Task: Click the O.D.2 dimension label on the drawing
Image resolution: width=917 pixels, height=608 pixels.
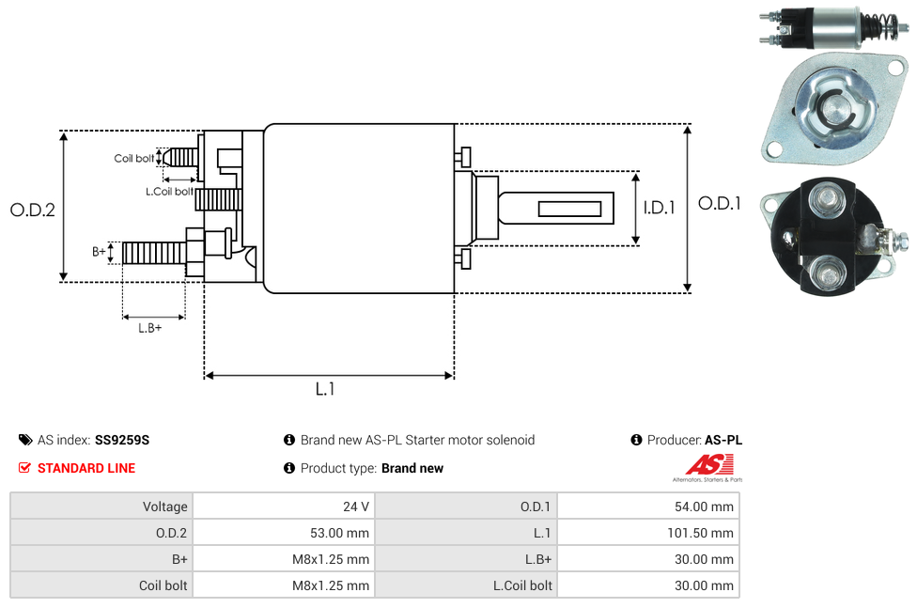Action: tap(33, 210)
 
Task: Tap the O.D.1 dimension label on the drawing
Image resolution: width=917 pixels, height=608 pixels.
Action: tap(721, 203)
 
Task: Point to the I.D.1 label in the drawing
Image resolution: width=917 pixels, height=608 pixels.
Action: tap(659, 209)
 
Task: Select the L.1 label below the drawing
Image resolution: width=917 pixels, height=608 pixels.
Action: tap(325, 389)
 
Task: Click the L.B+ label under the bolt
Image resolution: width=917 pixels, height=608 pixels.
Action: tap(150, 328)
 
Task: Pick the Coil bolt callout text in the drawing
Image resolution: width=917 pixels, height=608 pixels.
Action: tap(134, 159)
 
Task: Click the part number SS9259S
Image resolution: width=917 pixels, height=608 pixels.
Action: tap(122, 440)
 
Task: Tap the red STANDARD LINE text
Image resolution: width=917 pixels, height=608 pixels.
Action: tap(86, 468)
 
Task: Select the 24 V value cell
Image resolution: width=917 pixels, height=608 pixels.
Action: tap(356, 507)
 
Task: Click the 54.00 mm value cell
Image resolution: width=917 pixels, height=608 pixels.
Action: tap(704, 507)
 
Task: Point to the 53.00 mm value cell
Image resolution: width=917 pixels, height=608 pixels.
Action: tap(339, 533)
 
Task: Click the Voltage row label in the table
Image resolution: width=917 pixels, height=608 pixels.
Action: tap(165, 507)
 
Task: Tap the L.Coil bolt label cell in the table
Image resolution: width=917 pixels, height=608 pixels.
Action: tap(523, 585)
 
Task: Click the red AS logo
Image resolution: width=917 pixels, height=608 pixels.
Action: tap(708, 464)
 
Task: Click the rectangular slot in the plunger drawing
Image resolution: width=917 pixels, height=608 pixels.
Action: tap(570, 208)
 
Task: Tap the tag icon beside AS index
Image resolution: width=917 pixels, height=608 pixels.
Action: tap(25, 440)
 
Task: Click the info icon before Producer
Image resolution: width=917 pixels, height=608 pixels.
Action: tap(637, 440)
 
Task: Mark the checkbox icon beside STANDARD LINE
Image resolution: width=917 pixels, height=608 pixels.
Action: tap(25, 468)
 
